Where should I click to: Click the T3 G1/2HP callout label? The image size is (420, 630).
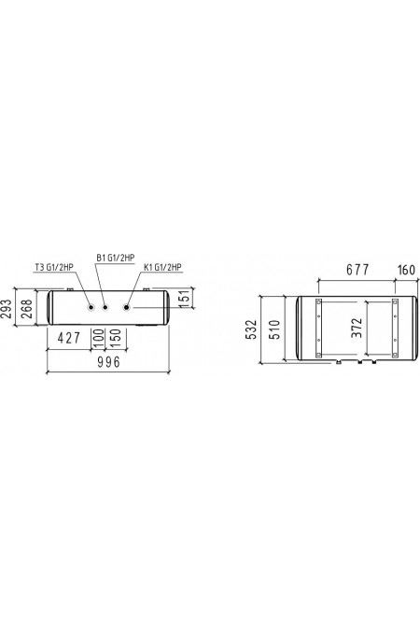click(53, 267)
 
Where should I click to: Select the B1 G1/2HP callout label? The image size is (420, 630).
click(115, 258)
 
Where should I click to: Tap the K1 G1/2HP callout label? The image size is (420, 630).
click(162, 267)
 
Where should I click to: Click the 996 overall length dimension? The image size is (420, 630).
click(108, 362)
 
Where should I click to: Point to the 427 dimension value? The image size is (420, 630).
click(69, 338)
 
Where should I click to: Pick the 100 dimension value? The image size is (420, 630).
click(98, 338)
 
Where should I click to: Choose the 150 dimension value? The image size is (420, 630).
click(115, 338)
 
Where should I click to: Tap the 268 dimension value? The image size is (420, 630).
click(26, 309)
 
